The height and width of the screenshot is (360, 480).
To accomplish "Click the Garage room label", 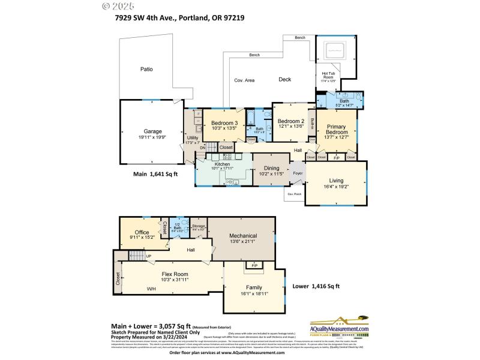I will pyautogui.click(x=152, y=131).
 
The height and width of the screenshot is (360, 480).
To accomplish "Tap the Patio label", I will pyautogui.click(x=146, y=70).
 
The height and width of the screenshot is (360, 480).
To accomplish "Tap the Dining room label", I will pyautogui.click(x=272, y=169).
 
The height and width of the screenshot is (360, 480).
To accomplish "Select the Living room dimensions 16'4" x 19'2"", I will pyautogui.click(x=336, y=187).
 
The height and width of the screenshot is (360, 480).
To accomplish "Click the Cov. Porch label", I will pyautogui.click(x=294, y=194).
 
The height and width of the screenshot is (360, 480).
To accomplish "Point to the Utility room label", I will pyautogui.click(x=193, y=137).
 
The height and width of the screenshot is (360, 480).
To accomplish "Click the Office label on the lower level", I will pyautogui.click(x=142, y=232).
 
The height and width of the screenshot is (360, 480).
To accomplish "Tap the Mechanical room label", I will pyautogui.click(x=243, y=236).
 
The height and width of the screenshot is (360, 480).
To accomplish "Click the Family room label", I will pyautogui.click(x=253, y=287).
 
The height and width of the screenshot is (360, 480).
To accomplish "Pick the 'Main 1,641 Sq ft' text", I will pyautogui.click(x=157, y=174).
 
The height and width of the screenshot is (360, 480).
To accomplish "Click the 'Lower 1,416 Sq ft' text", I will pyautogui.click(x=316, y=286).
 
